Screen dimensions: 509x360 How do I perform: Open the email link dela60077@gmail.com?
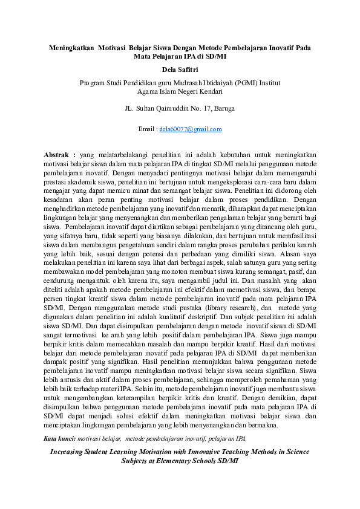pos(190,129)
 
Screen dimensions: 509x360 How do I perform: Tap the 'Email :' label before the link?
pos(148,129)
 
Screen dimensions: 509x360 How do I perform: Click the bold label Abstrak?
pos(59,155)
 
